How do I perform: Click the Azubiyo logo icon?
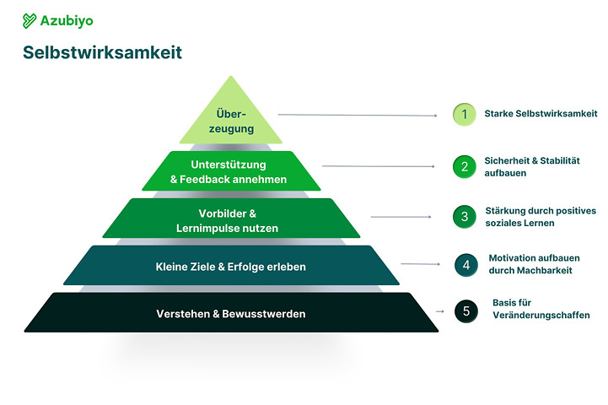point(30,20)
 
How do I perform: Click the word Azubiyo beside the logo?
point(66,20)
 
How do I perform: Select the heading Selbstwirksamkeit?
point(102,53)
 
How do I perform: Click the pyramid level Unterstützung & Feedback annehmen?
point(229,171)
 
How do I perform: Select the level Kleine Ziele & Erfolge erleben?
point(230,267)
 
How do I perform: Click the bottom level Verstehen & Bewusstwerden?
point(230,314)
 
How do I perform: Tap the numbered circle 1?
point(464,114)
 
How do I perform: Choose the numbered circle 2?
point(464,166)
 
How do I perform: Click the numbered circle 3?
point(464,217)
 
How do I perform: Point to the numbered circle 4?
point(465,264)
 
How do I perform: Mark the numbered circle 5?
point(465,310)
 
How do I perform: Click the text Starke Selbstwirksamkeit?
point(541,113)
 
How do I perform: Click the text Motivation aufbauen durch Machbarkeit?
point(531,264)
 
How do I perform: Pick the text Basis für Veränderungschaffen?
point(541,309)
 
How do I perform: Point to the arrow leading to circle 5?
point(439,311)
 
